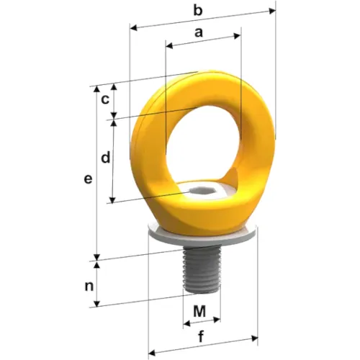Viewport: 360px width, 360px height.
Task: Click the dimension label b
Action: pos(198,10)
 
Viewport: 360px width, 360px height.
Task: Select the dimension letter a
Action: pos(199,32)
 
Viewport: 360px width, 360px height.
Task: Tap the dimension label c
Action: pos(105,99)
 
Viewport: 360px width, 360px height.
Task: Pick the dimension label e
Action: pos(88,179)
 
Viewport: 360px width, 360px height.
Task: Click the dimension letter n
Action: pos(89,287)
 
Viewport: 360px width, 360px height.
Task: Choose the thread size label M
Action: pos(199,312)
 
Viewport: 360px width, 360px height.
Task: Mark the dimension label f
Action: pos(201,336)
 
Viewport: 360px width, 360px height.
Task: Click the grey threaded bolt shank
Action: pos(202,271)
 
